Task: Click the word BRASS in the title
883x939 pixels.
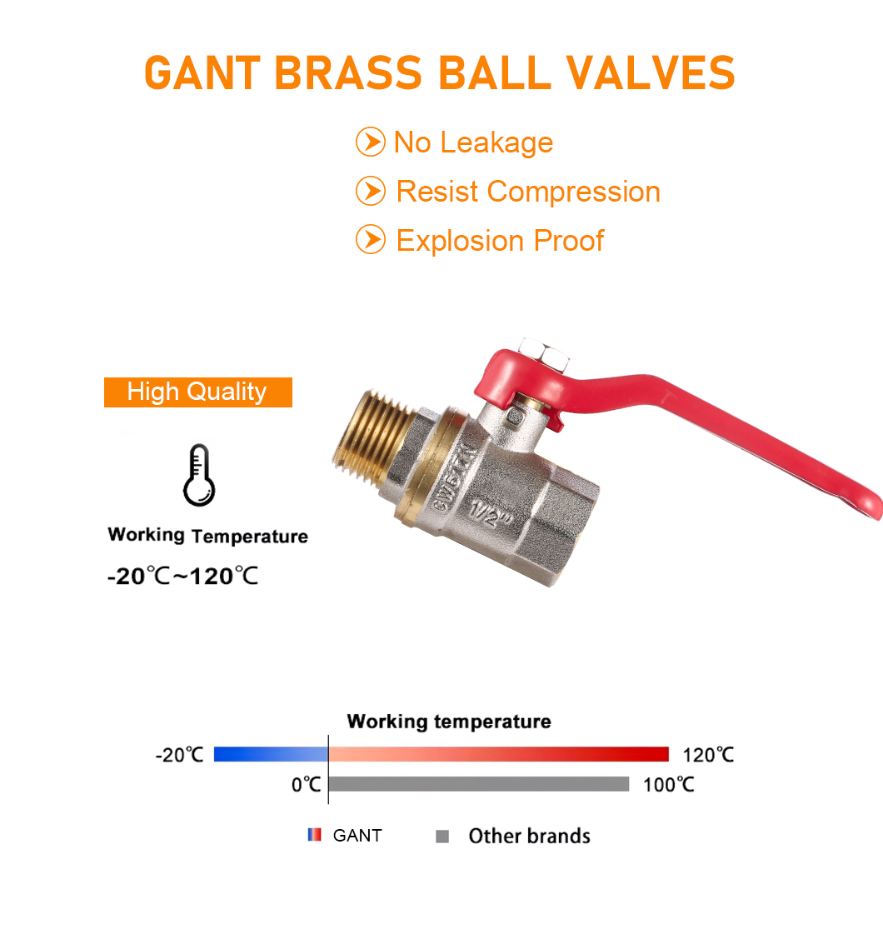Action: click(x=349, y=73)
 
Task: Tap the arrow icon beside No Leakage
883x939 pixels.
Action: click(x=371, y=142)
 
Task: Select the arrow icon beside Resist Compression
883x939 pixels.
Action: click(x=371, y=191)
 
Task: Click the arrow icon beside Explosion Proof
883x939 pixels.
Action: click(x=371, y=240)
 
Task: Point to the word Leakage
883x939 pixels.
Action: click(x=496, y=143)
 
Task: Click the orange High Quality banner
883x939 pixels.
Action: click(x=198, y=392)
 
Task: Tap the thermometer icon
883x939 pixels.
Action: click(x=199, y=475)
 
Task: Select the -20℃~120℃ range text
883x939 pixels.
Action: click(x=182, y=576)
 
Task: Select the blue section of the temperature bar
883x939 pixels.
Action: click(x=272, y=754)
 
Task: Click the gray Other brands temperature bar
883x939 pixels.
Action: click(x=479, y=784)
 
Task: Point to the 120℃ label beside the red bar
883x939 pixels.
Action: click(x=708, y=755)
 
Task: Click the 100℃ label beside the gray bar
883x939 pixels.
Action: click(x=669, y=785)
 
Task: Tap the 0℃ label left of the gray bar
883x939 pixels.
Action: click(x=306, y=785)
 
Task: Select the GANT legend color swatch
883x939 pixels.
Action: click(x=314, y=835)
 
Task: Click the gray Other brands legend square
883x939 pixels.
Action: click(x=442, y=836)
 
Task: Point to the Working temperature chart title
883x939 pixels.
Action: click(x=449, y=722)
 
